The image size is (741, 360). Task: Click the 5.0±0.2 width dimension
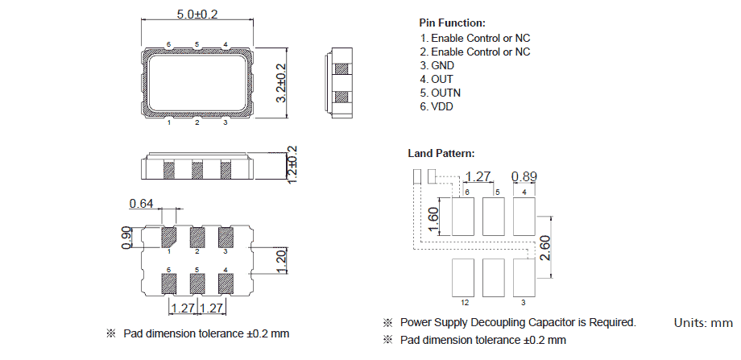(x=196, y=14)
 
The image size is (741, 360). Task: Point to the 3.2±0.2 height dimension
(x=281, y=82)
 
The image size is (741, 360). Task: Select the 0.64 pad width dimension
(x=141, y=204)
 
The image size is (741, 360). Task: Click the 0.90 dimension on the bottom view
(x=126, y=237)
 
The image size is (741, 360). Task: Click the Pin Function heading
(x=452, y=23)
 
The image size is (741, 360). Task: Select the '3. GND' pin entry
(x=437, y=65)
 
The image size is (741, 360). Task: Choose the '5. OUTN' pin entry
(x=441, y=93)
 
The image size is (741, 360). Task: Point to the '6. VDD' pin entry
(x=437, y=106)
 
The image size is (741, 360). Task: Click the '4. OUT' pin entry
(x=437, y=79)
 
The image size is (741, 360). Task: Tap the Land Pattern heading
(x=441, y=153)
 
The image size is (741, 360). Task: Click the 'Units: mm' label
(x=702, y=323)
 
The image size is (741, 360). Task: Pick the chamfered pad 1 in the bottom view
(x=169, y=237)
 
